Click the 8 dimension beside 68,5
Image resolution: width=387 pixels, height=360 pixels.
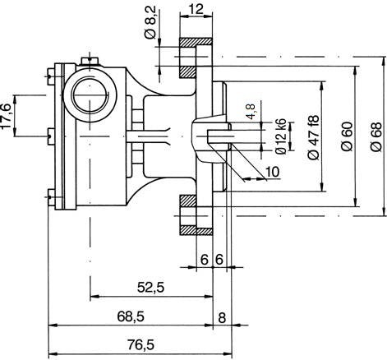(221, 316)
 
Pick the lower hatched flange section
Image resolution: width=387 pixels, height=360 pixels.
(196, 215)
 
